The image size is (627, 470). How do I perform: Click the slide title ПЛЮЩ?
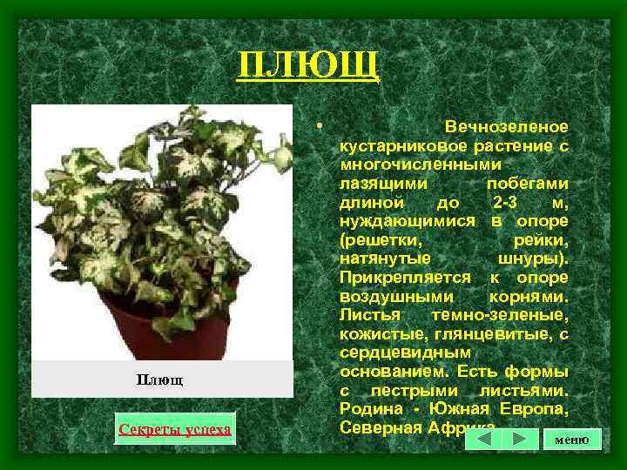[x=308, y=64]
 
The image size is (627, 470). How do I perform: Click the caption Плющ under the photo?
[x=160, y=380]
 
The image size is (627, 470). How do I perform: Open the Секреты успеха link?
[x=175, y=429]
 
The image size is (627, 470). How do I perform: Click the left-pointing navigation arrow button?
[x=484, y=439]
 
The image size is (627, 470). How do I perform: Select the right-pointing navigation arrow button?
[x=519, y=439]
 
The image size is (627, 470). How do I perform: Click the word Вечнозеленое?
[x=506, y=127]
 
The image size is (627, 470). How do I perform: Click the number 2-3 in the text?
[x=509, y=202]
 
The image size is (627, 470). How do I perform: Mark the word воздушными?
[x=391, y=297]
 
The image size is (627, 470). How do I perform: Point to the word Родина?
[x=369, y=410]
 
